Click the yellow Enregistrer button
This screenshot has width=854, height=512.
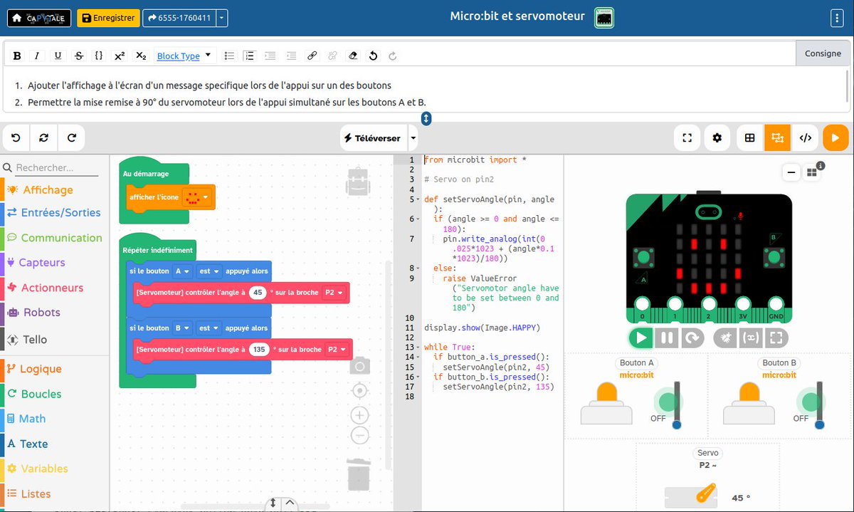[x=108, y=18]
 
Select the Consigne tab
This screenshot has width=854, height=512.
[x=823, y=53]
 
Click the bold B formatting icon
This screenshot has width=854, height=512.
[x=17, y=56]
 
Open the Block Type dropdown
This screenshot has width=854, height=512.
[x=184, y=56]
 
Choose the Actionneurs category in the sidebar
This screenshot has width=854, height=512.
[x=52, y=288]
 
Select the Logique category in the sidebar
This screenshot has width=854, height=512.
[x=41, y=369]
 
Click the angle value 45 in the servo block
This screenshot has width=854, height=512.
[x=258, y=292]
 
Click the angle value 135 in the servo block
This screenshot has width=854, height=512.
[x=259, y=349]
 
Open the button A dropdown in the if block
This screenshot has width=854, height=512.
[x=182, y=271]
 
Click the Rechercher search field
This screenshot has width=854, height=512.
[x=57, y=167]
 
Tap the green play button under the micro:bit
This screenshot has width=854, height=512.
[x=640, y=338]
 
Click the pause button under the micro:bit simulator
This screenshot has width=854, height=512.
[x=666, y=338]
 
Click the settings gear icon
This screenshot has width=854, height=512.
[x=717, y=137]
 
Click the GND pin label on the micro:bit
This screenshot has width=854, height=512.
[x=776, y=316]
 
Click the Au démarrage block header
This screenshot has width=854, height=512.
[x=146, y=174]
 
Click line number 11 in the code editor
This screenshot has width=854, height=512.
[x=409, y=328]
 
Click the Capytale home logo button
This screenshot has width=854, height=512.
[x=39, y=18]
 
